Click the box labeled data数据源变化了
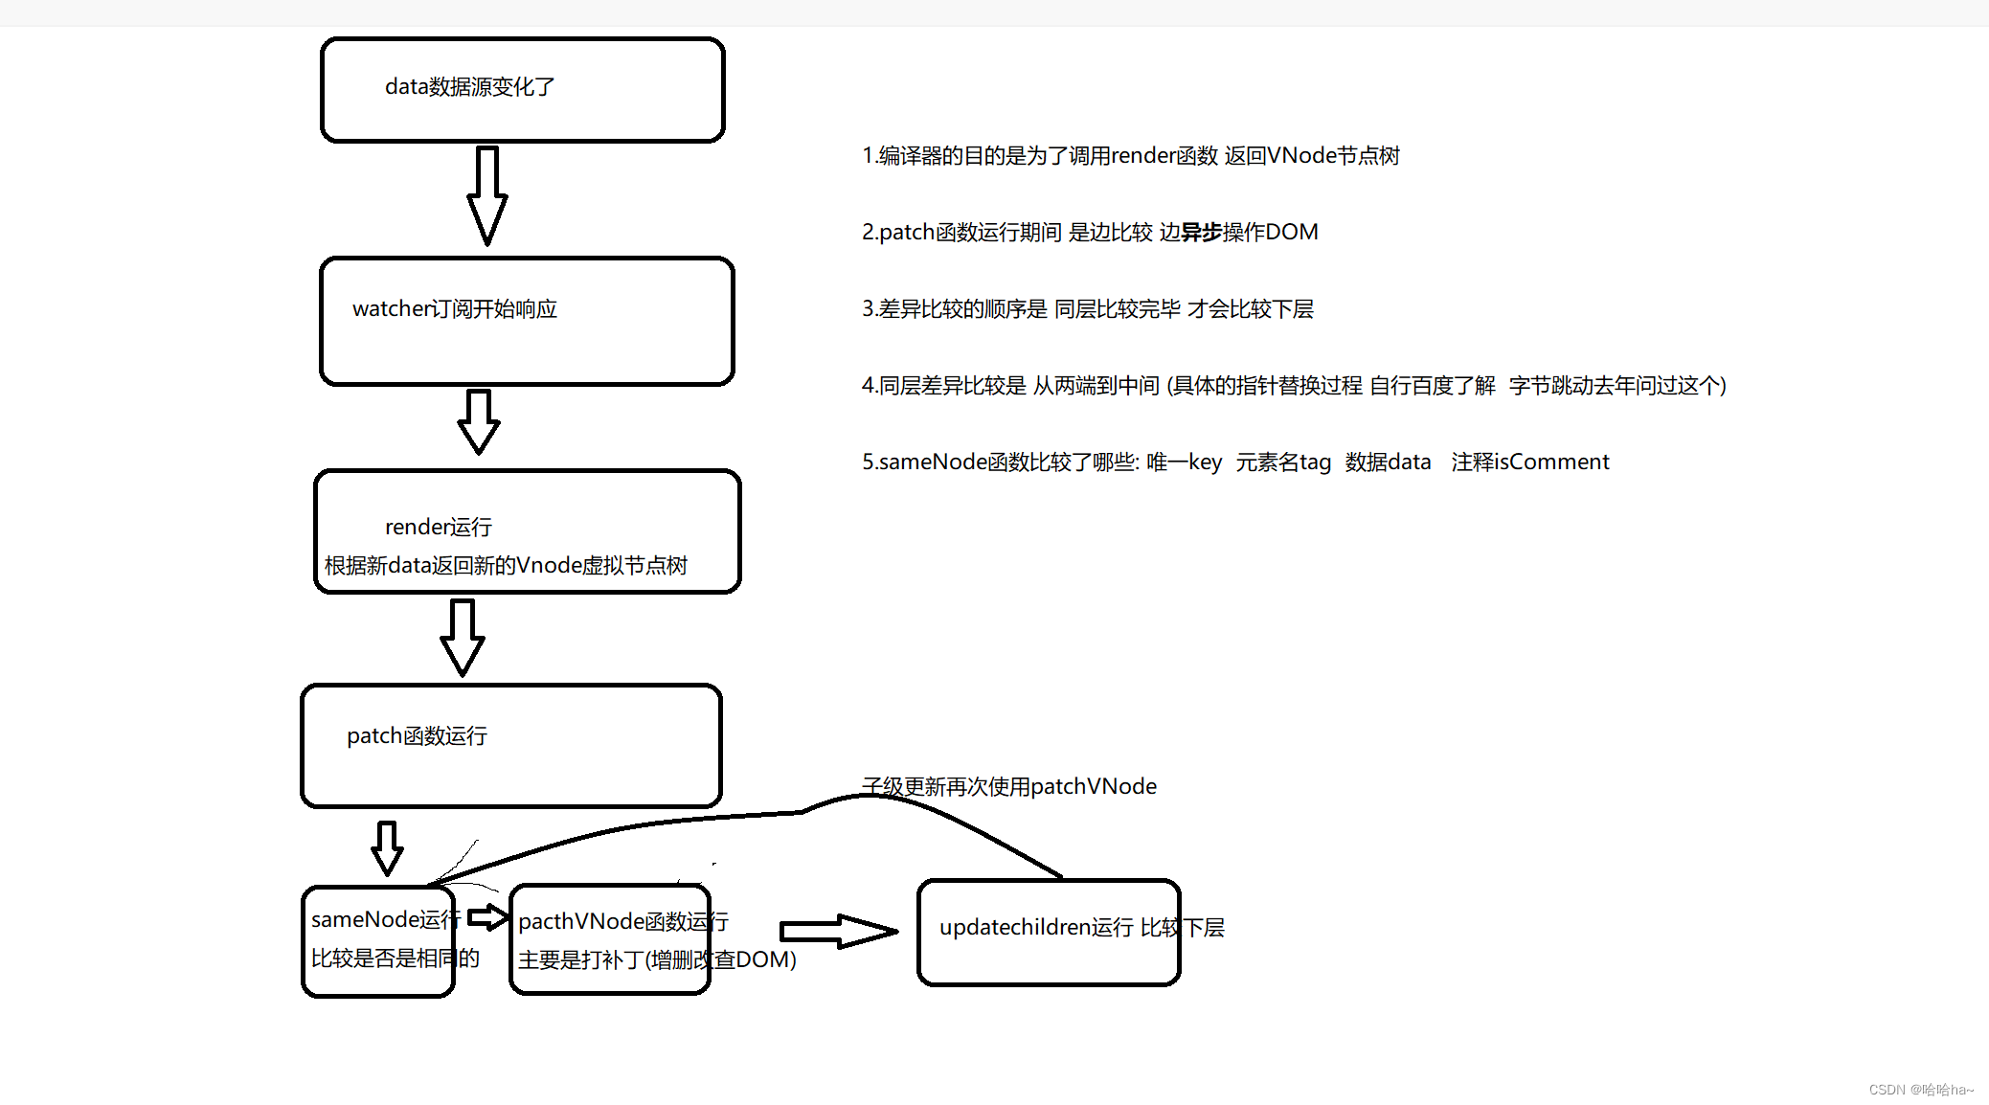click(522, 90)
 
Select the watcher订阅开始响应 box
click(527, 321)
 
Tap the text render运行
click(439, 527)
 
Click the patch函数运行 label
click(417, 735)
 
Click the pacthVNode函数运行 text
click(622, 921)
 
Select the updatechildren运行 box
click(1049, 932)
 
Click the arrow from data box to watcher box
click(487, 195)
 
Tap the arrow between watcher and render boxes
click(479, 421)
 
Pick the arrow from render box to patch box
click(463, 637)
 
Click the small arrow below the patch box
click(387, 847)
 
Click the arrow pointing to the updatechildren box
click(838, 931)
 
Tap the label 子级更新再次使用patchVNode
click(1009, 786)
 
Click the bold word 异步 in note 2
click(1201, 232)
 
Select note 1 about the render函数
click(1130, 155)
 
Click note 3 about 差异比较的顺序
click(1087, 308)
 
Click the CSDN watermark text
click(1920, 1090)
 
